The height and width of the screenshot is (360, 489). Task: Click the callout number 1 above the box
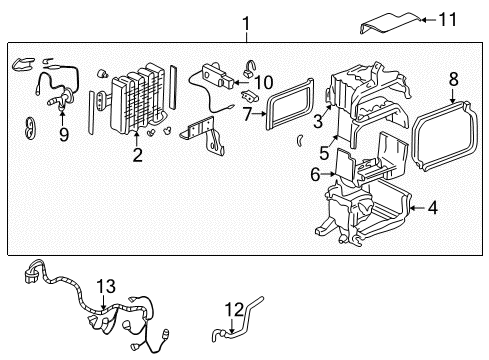point(246,24)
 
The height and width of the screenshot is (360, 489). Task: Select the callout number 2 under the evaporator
point(137,155)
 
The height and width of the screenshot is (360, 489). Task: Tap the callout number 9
point(63,135)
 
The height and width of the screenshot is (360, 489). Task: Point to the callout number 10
point(263,82)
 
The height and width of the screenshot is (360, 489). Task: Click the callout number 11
point(448,19)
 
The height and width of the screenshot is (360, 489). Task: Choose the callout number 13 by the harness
point(106,286)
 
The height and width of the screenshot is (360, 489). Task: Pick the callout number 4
point(432,208)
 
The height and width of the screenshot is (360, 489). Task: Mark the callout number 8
point(453,79)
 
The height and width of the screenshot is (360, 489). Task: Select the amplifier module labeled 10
point(217,77)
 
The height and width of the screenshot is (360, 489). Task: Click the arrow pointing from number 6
point(328,174)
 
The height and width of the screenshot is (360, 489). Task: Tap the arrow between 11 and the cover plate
point(429,20)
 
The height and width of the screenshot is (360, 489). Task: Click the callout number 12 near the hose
point(234,310)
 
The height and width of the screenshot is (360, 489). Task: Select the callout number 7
point(247,114)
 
